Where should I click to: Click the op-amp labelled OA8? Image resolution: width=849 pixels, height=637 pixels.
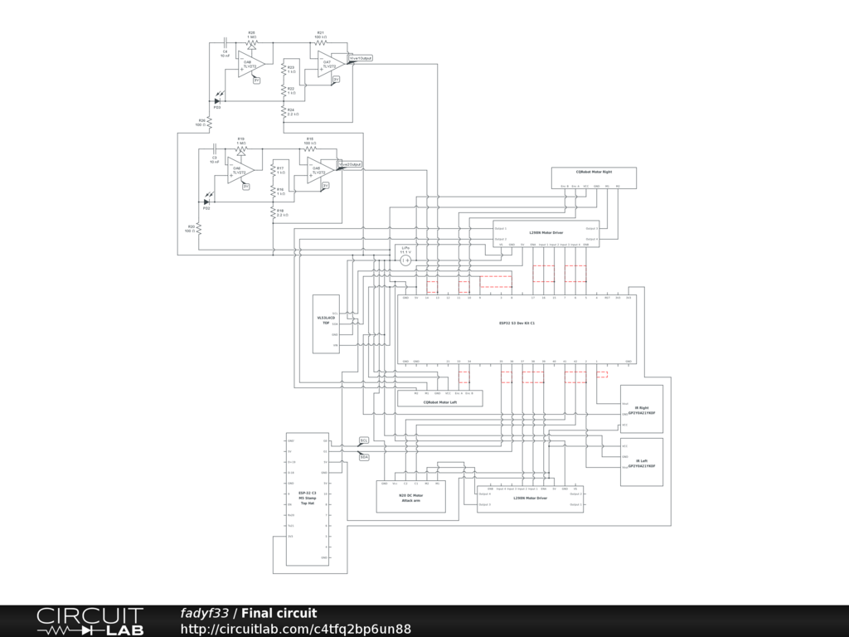click(x=249, y=64)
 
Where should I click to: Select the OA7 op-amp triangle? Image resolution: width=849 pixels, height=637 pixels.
click(x=328, y=63)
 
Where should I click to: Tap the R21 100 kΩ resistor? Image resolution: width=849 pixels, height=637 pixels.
click(x=320, y=43)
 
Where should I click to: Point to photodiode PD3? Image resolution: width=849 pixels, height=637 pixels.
click(x=217, y=101)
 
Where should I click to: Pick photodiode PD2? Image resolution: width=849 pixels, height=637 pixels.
click(x=206, y=202)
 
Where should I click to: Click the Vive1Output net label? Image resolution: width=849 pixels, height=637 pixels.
click(x=361, y=58)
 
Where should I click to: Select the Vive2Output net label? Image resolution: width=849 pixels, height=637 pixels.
click(x=350, y=165)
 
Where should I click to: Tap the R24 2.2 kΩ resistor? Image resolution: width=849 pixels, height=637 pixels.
click(x=284, y=110)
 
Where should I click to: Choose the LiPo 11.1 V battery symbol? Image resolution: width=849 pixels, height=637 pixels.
click(x=405, y=260)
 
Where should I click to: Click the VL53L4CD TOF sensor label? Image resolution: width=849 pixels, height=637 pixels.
click(x=326, y=319)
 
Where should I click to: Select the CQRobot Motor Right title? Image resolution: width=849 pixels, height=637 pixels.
click(x=594, y=172)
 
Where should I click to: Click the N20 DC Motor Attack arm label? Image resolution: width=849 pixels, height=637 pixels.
click(x=411, y=498)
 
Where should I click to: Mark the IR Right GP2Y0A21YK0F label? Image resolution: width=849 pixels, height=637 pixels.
click(x=642, y=410)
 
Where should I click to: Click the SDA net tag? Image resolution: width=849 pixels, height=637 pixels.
click(x=364, y=457)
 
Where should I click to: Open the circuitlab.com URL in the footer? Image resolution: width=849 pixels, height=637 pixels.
click(x=296, y=629)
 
